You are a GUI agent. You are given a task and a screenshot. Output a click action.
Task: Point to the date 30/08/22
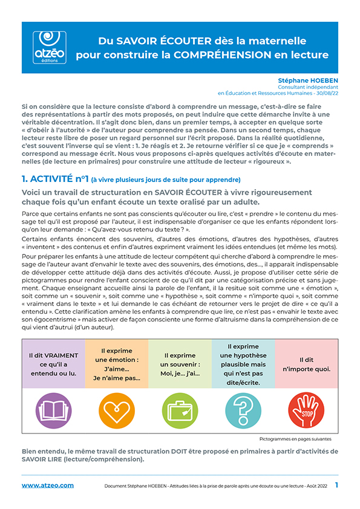326,93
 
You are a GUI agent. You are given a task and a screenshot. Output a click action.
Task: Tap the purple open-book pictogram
53,410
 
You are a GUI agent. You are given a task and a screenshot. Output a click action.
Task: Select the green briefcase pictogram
180,410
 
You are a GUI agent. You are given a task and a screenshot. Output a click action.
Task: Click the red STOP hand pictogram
306,410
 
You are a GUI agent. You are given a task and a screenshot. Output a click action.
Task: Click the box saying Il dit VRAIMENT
53,364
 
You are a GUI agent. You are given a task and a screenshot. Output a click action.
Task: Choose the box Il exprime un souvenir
180,364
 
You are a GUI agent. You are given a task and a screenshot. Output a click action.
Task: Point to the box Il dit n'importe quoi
306,364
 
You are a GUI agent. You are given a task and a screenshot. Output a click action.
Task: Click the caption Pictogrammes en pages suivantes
295,439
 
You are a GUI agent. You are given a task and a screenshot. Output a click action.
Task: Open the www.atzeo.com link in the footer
48,485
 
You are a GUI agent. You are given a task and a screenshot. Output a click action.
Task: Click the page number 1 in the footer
336,485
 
